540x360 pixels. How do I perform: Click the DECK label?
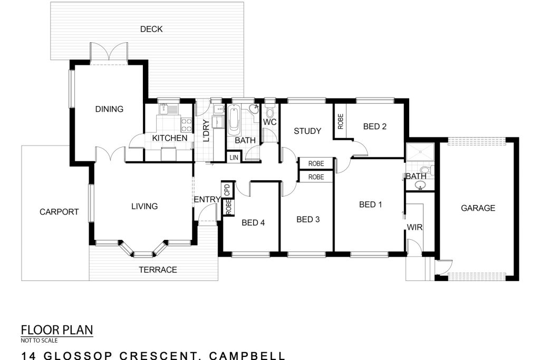pos(151,30)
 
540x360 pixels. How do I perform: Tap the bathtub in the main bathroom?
pos(235,120)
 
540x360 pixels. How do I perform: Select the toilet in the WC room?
pos(269,111)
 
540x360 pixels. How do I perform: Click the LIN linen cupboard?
pos(234,157)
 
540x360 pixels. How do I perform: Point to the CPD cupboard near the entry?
pos(227,190)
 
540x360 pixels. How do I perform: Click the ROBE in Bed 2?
pos(340,121)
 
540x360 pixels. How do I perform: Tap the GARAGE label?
pos(478,208)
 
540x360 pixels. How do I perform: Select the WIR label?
pos(414,227)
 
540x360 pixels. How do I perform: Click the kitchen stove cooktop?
pos(186,125)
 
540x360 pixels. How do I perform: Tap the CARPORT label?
pos(59,212)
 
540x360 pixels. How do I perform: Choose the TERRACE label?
pos(158,269)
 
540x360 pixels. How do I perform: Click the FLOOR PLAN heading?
pos(57,330)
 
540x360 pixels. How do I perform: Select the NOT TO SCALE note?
pos(39,340)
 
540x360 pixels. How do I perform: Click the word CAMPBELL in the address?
pos(247,356)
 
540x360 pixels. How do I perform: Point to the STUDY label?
pos(307,131)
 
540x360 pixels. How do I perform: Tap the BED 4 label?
pos(253,222)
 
